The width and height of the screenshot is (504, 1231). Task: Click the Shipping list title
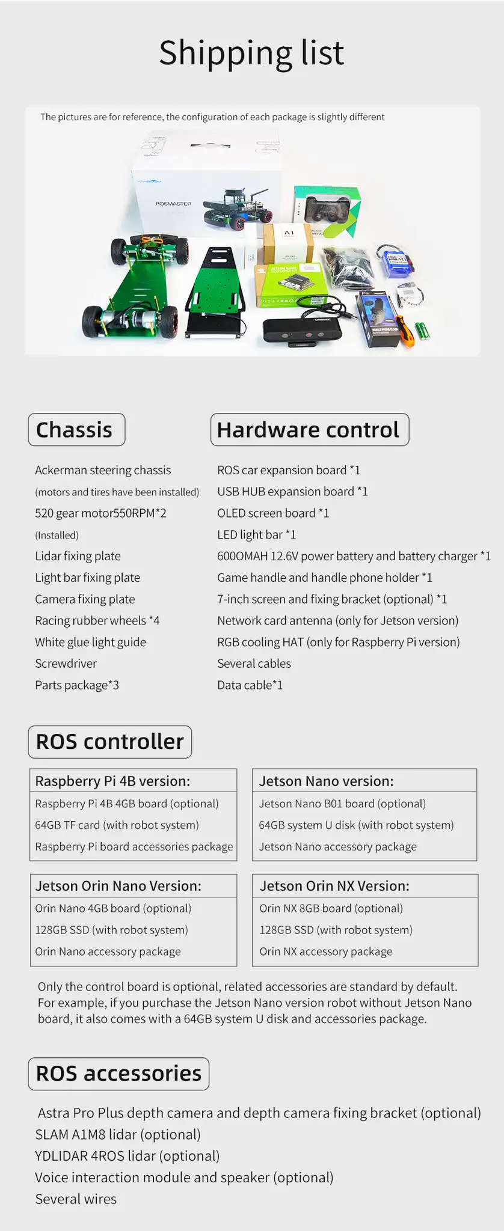click(x=251, y=53)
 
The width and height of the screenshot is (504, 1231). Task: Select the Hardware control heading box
click(x=309, y=430)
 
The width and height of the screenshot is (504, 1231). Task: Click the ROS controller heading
click(x=109, y=742)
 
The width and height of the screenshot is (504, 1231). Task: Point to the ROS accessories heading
click(x=118, y=1074)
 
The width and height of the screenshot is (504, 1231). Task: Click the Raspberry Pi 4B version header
click(x=112, y=781)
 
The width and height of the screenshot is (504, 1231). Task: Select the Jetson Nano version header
click(x=326, y=781)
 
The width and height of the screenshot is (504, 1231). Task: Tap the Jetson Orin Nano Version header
click(x=118, y=886)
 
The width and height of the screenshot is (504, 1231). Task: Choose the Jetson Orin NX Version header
click(x=334, y=886)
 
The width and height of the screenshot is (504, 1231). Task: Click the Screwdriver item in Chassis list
click(x=66, y=664)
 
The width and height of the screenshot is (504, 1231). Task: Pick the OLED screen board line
click(x=272, y=513)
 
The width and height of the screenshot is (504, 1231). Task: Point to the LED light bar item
click(x=256, y=535)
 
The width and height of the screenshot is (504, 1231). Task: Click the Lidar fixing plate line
click(x=78, y=557)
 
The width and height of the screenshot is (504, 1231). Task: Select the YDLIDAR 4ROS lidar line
click(x=127, y=1156)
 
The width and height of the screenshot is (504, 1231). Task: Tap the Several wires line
click(x=76, y=1199)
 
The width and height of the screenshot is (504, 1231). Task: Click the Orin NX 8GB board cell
click(x=331, y=908)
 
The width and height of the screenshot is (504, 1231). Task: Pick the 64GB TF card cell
click(x=117, y=825)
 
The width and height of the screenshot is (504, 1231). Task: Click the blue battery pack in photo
click(x=394, y=261)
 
